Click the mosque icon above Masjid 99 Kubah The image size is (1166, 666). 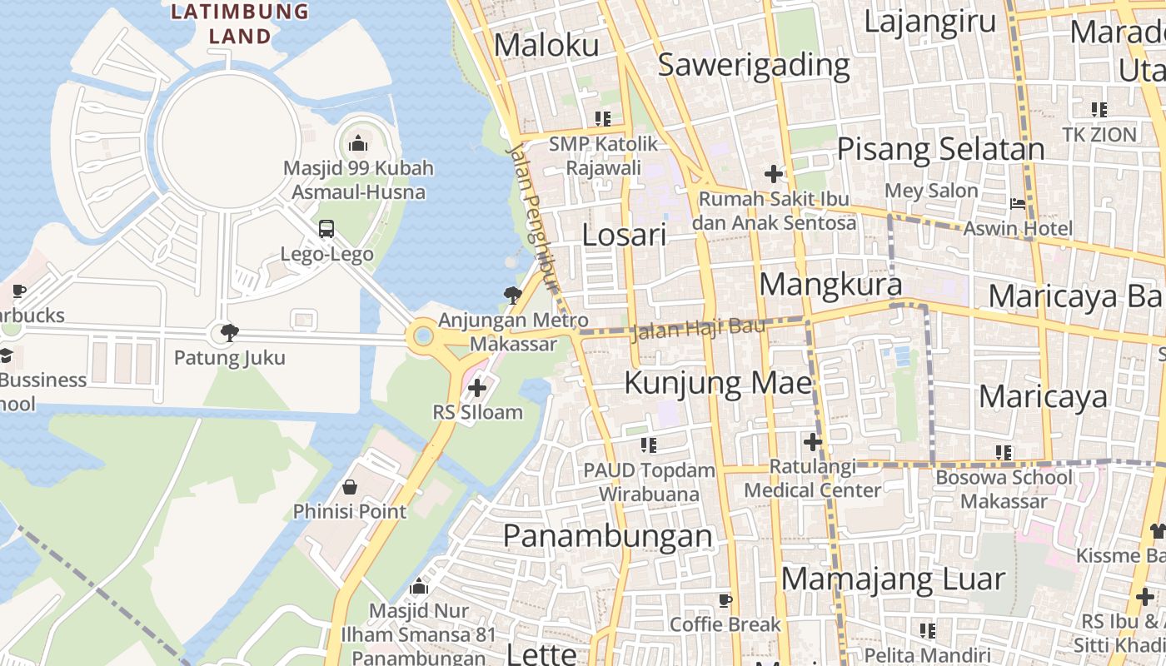[x=358, y=143]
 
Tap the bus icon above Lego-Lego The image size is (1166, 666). [x=326, y=229]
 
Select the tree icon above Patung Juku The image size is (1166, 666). [x=229, y=334]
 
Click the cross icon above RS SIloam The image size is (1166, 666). [x=477, y=387]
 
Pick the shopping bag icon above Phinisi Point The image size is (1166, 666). [x=350, y=487]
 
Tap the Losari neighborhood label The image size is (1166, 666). [x=624, y=236]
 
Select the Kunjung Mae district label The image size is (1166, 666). [x=718, y=383]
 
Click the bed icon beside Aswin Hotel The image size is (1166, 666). [x=1018, y=203]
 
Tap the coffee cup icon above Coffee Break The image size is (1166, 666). [x=725, y=600]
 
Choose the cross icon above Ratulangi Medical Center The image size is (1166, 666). [x=813, y=442]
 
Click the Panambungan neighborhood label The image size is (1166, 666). [x=608, y=535]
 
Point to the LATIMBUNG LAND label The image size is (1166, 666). [x=240, y=23]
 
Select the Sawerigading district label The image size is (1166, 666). [x=754, y=65]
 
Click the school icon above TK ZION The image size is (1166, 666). [x=1099, y=109]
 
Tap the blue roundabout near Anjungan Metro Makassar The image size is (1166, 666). [x=423, y=337]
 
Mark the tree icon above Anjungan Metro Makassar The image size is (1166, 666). [x=513, y=295]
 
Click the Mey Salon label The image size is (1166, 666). [x=931, y=191]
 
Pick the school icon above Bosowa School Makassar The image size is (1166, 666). [x=1004, y=453]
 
